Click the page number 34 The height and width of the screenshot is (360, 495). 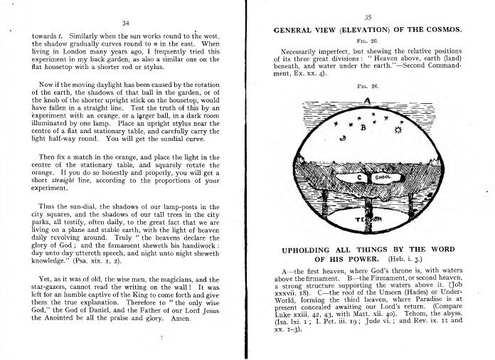[125, 23]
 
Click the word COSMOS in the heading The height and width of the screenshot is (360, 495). [441, 30]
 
